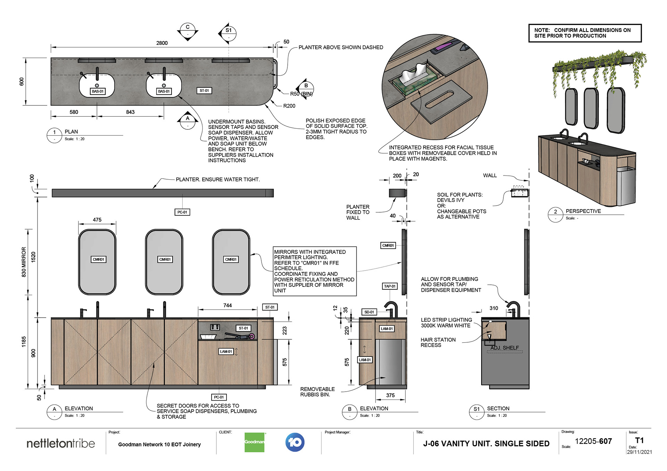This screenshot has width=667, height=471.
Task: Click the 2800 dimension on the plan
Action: (x=162, y=43)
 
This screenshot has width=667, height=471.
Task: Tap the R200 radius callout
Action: (x=289, y=106)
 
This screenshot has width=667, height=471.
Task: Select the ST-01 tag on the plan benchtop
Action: (x=204, y=91)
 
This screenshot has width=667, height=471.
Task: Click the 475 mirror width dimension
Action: (x=97, y=220)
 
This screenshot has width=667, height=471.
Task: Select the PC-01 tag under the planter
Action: (x=182, y=212)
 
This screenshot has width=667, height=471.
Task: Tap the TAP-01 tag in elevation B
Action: (x=390, y=286)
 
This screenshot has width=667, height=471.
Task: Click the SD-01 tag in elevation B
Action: (x=369, y=312)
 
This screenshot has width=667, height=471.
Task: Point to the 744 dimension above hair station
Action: (x=227, y=305)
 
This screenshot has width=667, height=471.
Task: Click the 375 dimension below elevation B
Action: (x=390, y=395)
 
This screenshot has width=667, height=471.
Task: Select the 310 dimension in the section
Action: (x=494, y=308)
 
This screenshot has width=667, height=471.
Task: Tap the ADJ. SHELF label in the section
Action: (x=504, y=348)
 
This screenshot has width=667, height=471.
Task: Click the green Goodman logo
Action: (x=254, y=442)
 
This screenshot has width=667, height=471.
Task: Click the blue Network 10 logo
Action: (x=295, y=442)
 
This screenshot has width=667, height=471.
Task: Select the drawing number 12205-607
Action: (x=593, y=441)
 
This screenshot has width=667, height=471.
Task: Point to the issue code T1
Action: (x=639, y=440)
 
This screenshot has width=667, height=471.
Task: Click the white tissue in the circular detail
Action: (x=413, y=72)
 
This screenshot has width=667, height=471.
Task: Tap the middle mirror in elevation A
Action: (x=164, y=262)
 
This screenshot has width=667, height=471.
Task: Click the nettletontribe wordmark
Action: (x=60, y=443)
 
